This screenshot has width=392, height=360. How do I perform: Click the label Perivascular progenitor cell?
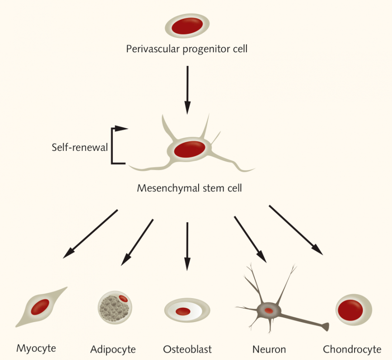tap(186, 48)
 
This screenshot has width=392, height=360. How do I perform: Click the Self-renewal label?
tap(79, 147)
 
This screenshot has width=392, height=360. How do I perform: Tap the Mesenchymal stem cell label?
tap(189, 188)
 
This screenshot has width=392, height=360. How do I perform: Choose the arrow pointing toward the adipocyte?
tap(137, 242)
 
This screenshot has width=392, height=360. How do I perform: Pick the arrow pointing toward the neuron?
tap(250, 239)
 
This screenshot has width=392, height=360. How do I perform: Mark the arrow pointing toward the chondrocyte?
tap(296, 230)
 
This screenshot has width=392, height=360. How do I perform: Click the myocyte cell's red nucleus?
tap(42, 306)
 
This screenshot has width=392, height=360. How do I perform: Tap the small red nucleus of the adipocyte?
tap(123, 299)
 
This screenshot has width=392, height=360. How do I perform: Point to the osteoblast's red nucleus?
tap(183, 311)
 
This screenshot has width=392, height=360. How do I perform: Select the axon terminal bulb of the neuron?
tap(324, 326)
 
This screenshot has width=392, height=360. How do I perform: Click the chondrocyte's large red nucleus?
tap(350, 309)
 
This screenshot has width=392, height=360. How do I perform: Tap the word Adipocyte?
tap(113, 349)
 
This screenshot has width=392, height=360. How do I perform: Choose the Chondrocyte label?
tap(352, 349)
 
